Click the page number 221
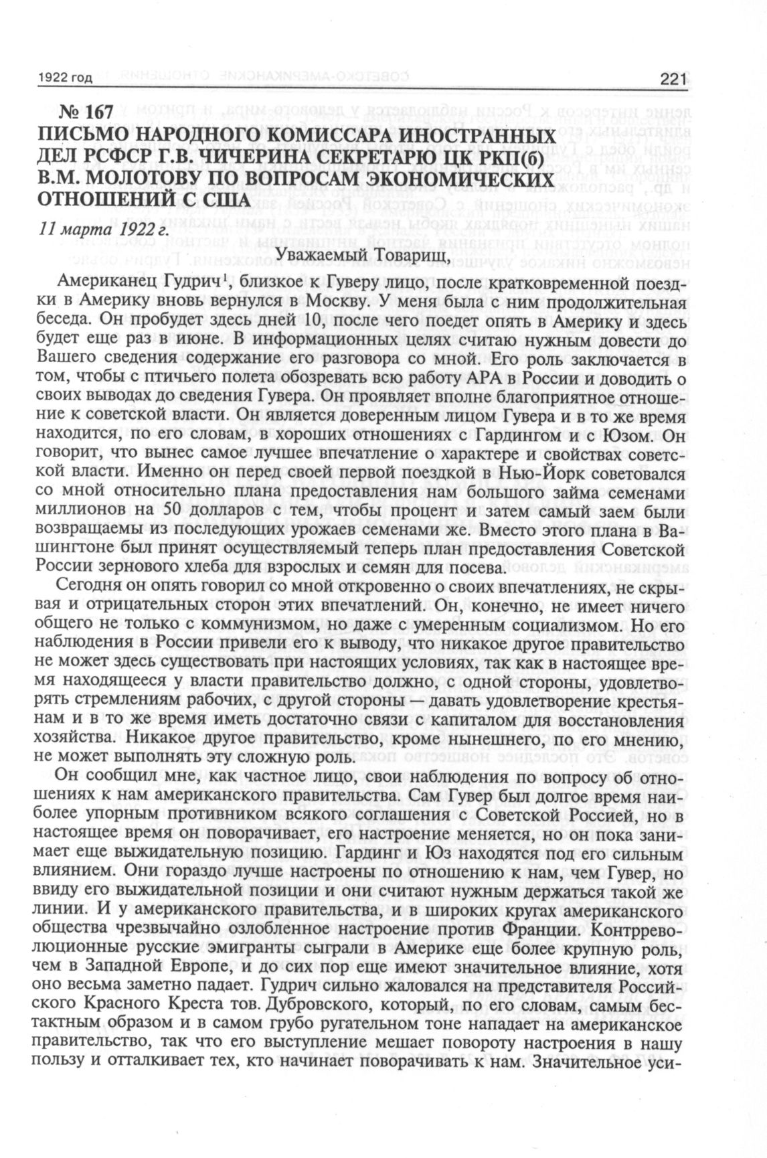(673, 80)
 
